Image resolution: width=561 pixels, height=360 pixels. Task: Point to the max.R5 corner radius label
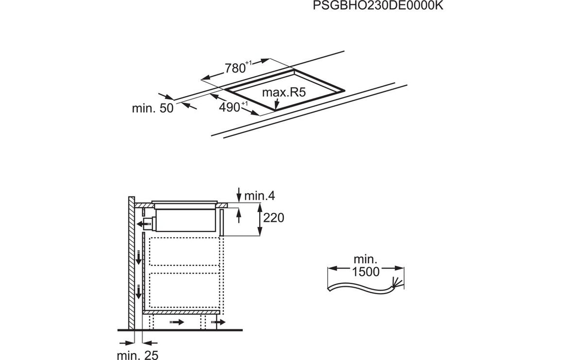tap(284, 93)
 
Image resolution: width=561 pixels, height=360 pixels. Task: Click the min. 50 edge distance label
tap(152, 109)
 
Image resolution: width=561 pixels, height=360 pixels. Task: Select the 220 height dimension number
tap(273, 218)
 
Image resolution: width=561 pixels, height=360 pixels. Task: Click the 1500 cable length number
tap(366, 272)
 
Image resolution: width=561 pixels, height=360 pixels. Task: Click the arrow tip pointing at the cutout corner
tap(276, 109)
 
